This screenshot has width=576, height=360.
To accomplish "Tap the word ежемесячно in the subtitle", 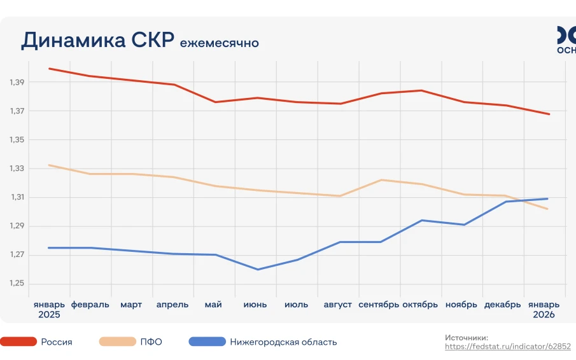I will pos(219,43).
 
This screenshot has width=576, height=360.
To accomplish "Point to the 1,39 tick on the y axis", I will pos(17,83).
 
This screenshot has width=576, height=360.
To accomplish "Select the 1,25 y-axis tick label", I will pos(17,284).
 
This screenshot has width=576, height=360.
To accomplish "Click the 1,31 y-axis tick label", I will pos(17,197).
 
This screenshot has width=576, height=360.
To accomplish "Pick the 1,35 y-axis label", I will pos(17,140).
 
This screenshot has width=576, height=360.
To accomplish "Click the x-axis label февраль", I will pos(90,305).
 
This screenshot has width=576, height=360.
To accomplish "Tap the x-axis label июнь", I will pos(255,305).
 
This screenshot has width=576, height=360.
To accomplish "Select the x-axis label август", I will pos(337,305).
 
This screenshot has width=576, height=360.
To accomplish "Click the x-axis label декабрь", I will pos(502,305).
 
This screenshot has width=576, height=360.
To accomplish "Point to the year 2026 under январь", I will pos(544,315).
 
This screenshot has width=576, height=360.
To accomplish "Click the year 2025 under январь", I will pos(49,315).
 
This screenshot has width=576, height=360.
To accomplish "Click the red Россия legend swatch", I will pos(18,342).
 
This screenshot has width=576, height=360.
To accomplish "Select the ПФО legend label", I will pos(151,342).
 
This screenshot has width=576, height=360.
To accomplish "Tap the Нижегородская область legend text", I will pos(283,342).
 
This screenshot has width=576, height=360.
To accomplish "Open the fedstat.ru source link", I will pos(507,347).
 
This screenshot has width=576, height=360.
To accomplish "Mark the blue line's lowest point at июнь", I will pos(258,269).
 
